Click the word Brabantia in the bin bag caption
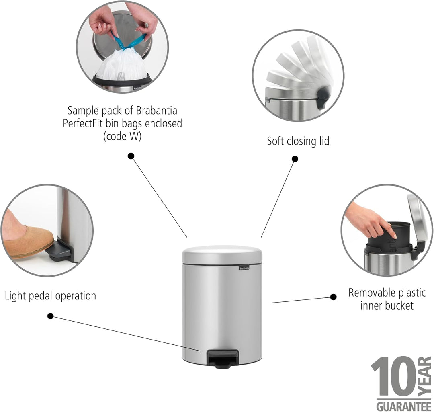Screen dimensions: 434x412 click(x=157, y=111)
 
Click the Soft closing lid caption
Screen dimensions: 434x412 click(x=298, y=141)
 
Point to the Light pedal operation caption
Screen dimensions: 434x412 click(x=50, y=296)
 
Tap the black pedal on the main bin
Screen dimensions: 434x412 click(x=222, y=359)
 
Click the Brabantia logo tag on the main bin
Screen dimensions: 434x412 click(x=244, y=268)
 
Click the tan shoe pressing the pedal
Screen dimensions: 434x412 click(x=28, y=240)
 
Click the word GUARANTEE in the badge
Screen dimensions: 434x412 click(x=404, y=406)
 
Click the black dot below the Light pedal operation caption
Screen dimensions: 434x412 click(x=50, y=316)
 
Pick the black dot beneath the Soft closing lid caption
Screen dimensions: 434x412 click(x=295, y=159)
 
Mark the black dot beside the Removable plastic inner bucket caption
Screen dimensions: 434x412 click(x=334, y=297)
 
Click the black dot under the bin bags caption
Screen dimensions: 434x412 click(x=131, y=156)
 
